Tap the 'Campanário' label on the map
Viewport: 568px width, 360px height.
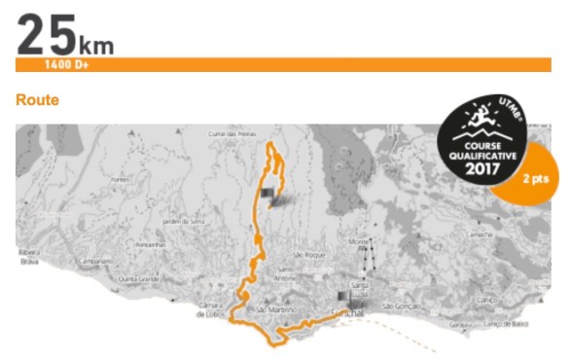click(94, 261)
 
